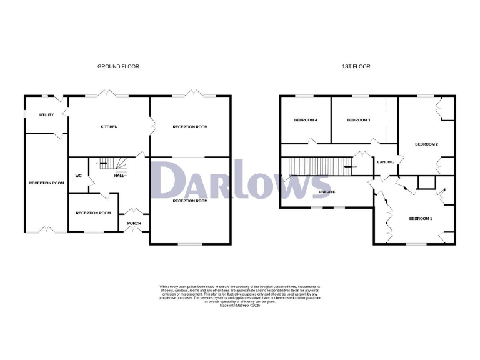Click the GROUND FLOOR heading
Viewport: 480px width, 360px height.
[117, 66]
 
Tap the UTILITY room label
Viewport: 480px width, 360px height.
[46, 115]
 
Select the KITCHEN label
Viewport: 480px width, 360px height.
[109, 127]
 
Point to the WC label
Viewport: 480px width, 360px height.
[79, 175]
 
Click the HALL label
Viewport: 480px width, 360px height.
[119, 176]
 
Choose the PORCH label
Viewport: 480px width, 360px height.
[134, 223]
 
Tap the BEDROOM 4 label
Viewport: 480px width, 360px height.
[306, 120]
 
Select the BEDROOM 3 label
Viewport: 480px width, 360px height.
[359, 120]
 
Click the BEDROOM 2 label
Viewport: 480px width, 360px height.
[426, 144]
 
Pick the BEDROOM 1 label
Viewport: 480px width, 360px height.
[421, 218]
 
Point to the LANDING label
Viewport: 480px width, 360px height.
[386, 162]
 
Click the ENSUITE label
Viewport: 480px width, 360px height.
[327, 191]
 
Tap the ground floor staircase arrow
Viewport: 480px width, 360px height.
[102, 164]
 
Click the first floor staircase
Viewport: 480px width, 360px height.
[319, 167]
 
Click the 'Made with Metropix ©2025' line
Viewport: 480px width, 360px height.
[240, 305]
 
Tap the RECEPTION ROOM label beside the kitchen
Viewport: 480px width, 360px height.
[190, 127]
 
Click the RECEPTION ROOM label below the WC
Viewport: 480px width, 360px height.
[93, 213]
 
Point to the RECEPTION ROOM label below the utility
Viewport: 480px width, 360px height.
[47, 183]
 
